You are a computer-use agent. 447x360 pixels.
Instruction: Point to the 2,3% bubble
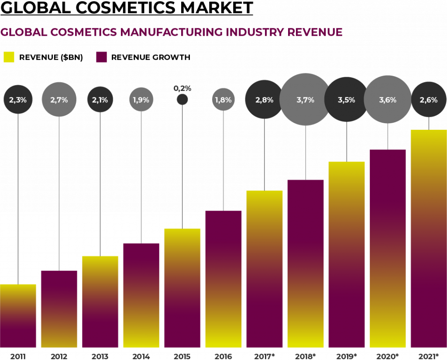click(18, 100)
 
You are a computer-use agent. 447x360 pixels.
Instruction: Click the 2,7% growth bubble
click(59, 100)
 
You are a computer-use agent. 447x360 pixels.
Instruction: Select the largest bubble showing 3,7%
click(305, 100)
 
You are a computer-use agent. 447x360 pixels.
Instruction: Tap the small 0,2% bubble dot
click(182, 100)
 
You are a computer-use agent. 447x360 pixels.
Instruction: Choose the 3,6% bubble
click(388, 100)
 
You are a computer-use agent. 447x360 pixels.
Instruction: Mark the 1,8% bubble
click(223, 100)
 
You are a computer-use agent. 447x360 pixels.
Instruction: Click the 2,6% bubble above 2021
click(429, 100)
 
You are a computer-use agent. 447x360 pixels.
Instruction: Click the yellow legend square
click(9, 57)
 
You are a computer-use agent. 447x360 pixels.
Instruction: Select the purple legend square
click(101, 57)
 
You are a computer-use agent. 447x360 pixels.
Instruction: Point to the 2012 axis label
click(59, 356)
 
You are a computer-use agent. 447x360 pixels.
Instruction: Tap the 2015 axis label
click(182, 356)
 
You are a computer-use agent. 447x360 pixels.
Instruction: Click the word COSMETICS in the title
click(83, 32)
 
